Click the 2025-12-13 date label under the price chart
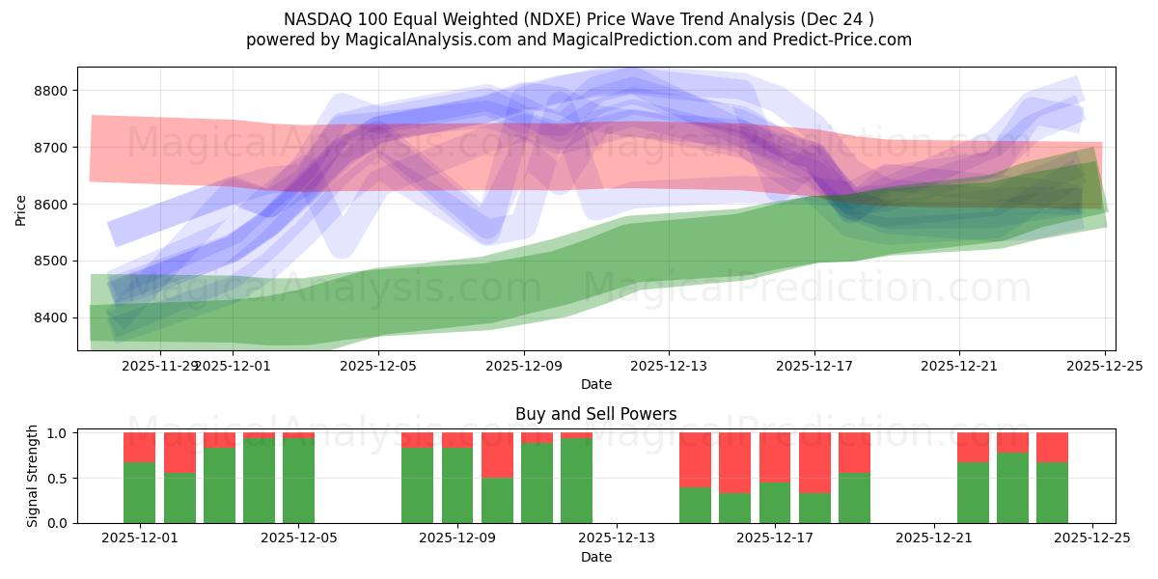(669, 366)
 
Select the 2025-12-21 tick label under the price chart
(959, 366)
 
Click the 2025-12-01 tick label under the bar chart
(140, 538)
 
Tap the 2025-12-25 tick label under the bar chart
(1092, 538)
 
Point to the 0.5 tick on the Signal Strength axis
(58, 479)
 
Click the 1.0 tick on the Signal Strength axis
(58, 433)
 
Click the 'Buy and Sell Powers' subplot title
(595, 414)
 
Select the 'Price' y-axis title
(21, 209)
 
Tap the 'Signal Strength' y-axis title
(33, 476)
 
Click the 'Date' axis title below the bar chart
(595, 557)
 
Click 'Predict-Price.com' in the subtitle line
(849, 40)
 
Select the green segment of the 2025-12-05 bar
(299, 481)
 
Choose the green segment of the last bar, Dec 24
(1053, 492)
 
